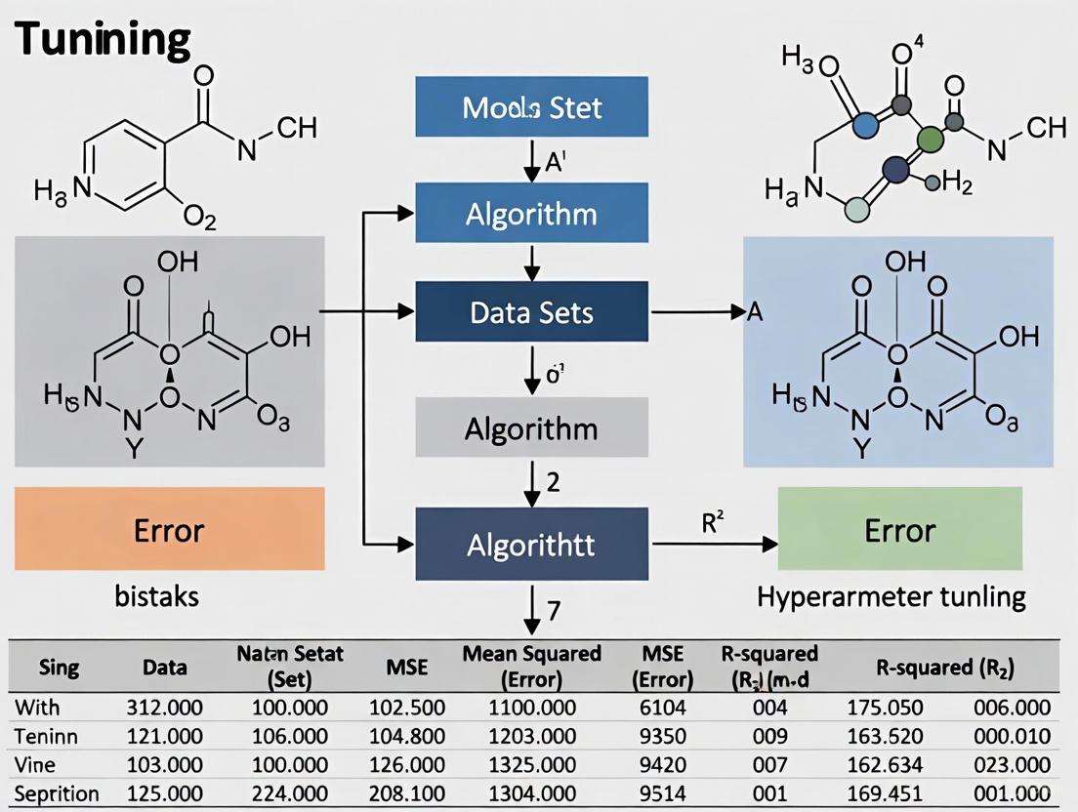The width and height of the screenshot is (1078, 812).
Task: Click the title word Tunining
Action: tap(104, 40)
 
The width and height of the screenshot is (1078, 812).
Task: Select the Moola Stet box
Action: tap(532, 105)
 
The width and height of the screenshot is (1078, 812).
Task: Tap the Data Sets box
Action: tap(532, 312)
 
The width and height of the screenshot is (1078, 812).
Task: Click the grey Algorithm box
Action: tap(532, 427)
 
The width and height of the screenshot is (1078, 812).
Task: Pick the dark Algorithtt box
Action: tap(532, 544)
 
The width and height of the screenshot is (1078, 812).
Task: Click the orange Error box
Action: tap(170, 529)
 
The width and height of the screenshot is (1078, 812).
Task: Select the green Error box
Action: tap(899, 529)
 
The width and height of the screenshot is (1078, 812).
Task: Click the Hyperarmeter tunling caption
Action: tap(891, 596)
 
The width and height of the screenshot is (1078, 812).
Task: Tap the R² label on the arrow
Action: tap(715, 522)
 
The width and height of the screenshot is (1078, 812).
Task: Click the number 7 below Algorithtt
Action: tap(553, 612)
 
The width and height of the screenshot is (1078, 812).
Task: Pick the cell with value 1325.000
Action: tap(533, 764)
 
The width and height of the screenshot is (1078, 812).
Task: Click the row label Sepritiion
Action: tap(57, 792)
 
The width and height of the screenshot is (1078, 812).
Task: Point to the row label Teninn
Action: tap(47, 736)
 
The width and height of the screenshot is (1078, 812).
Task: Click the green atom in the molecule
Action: tap(930, 136)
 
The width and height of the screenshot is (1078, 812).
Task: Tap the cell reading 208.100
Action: tap(408, 792)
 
